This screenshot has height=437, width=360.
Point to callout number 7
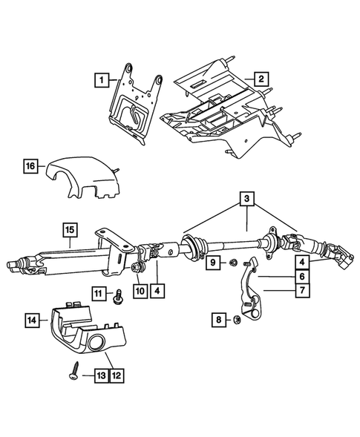click(303, 292)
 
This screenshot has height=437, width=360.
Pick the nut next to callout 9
click(232, 262)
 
